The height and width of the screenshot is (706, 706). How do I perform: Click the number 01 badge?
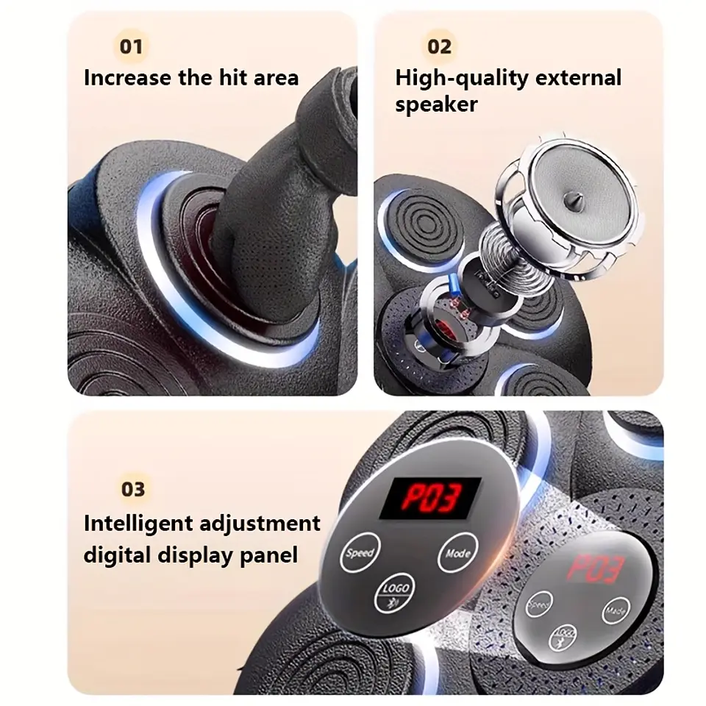click(x=131, y=46)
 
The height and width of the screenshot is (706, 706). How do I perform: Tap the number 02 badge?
click(x=439, y=46)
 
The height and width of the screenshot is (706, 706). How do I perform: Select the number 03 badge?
click(x=133, y=489)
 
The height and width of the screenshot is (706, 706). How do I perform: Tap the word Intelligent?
click(x=138, y=524)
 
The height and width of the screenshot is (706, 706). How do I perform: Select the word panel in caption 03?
click(x=269, y=555)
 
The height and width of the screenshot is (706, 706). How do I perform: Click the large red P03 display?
click(x=431, y=497)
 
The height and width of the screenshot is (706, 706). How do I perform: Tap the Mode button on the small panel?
click(x=616, y=610)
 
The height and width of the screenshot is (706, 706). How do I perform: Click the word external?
click(x=579, y=78)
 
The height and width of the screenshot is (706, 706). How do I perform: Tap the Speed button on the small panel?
click(x=539, y=605)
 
